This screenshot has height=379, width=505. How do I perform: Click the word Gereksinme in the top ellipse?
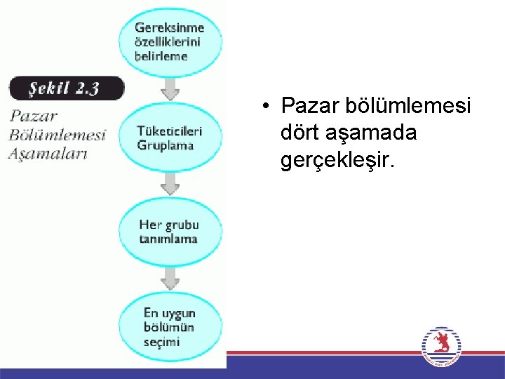pos(169,28)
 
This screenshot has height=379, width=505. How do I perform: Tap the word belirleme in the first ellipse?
pos(161,56)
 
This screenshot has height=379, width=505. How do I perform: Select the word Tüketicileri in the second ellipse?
pos(170,131)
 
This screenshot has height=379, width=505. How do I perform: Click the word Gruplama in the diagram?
pos(166,145)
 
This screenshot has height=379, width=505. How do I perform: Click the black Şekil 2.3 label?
pos(66,89)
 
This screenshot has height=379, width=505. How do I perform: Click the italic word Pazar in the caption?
pos(34,116)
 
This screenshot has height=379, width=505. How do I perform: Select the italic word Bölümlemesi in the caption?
pos(57,135)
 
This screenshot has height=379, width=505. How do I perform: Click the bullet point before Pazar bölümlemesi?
pos(268,107)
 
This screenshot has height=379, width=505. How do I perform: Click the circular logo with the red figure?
pos(442,345)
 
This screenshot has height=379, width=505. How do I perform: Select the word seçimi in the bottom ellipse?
pos(161,342)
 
